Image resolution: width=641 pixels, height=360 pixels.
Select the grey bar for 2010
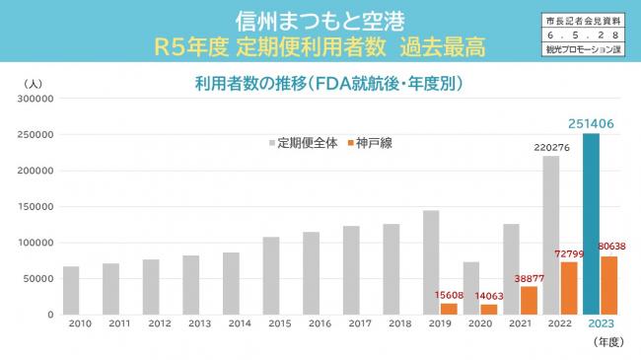tap(71, 290)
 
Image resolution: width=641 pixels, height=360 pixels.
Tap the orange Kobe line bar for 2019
tap(449, 309)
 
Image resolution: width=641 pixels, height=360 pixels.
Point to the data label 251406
tap(593, 123)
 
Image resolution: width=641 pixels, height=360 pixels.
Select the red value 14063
tap(487, 295)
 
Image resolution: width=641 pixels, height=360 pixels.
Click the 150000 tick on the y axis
tap(34, 207)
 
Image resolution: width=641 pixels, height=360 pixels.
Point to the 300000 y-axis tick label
tap(34, 99)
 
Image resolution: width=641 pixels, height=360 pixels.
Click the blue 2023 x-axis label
tap(601, 324)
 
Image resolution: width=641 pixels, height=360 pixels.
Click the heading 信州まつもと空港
tap(320, 21)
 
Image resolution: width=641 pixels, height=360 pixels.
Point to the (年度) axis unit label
tap(606, 341)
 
